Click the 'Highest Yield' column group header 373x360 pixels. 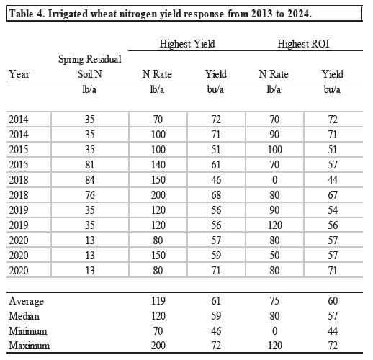pos(186,45)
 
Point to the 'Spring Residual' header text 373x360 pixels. pos(89,58)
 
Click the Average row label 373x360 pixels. pos(26,300)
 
